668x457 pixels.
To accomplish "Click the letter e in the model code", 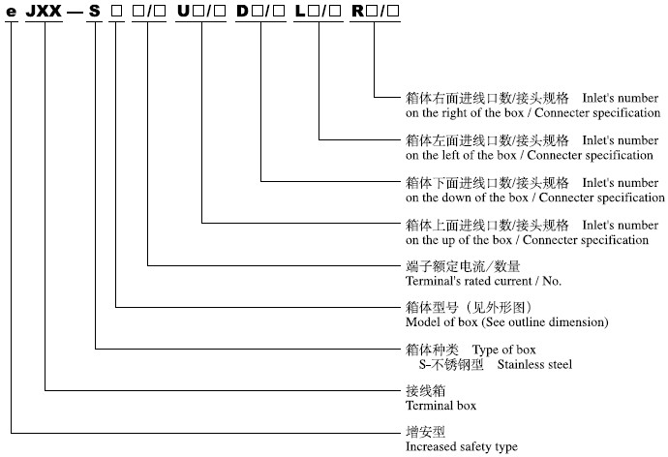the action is (x=11, y=12).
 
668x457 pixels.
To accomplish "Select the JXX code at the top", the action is (x=44, y=11).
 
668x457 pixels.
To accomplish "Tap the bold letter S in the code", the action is (x=94, y=11).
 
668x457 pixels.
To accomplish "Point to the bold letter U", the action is (x=183, y=11).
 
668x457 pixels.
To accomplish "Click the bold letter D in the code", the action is (x=242, y=11).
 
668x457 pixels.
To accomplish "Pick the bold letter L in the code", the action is (x=300, y=11).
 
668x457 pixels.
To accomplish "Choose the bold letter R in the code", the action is (x=357, y=11).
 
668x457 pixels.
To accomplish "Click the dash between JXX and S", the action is (x=75, y=13).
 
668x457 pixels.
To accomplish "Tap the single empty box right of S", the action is (x=116, y=12).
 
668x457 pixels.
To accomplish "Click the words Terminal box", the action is (x=440, y=406).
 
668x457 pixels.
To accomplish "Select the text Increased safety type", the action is (x=462, y=446).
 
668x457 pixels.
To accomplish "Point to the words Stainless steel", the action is (x=534, y=365).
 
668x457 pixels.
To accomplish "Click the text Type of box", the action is (x=504, y=350).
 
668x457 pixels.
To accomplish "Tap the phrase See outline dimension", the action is (x=545, y=322).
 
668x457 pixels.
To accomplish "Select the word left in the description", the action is (x=450, y=155).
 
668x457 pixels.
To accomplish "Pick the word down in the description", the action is (x=456, y=198).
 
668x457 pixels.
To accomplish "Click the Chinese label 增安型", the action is (x=425, y=432).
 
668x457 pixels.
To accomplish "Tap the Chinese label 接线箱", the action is (x=425, y=390).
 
